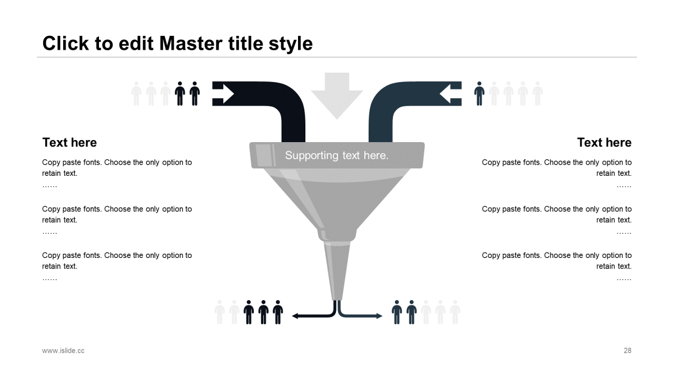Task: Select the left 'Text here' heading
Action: (x=70, y=143)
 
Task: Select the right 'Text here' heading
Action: (x=604, y=143)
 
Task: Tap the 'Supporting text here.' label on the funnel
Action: (x=336, y=155)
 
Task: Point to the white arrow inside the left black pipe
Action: (x=224, y=94)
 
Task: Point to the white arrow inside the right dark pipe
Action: (x=450, y=94)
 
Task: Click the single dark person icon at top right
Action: (x=479, y=94)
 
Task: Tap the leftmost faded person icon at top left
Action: (x=136, y=94)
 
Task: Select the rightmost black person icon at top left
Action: (x=195, y=94)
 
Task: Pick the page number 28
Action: (x=627, y=351)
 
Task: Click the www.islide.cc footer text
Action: (x=63, y=351)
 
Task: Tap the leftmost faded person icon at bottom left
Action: (x=220, y=312)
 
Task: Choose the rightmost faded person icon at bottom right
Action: (x=455, y=312)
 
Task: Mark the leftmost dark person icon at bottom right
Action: (x=397, y=312)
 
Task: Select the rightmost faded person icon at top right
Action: (x=537, y=94)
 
